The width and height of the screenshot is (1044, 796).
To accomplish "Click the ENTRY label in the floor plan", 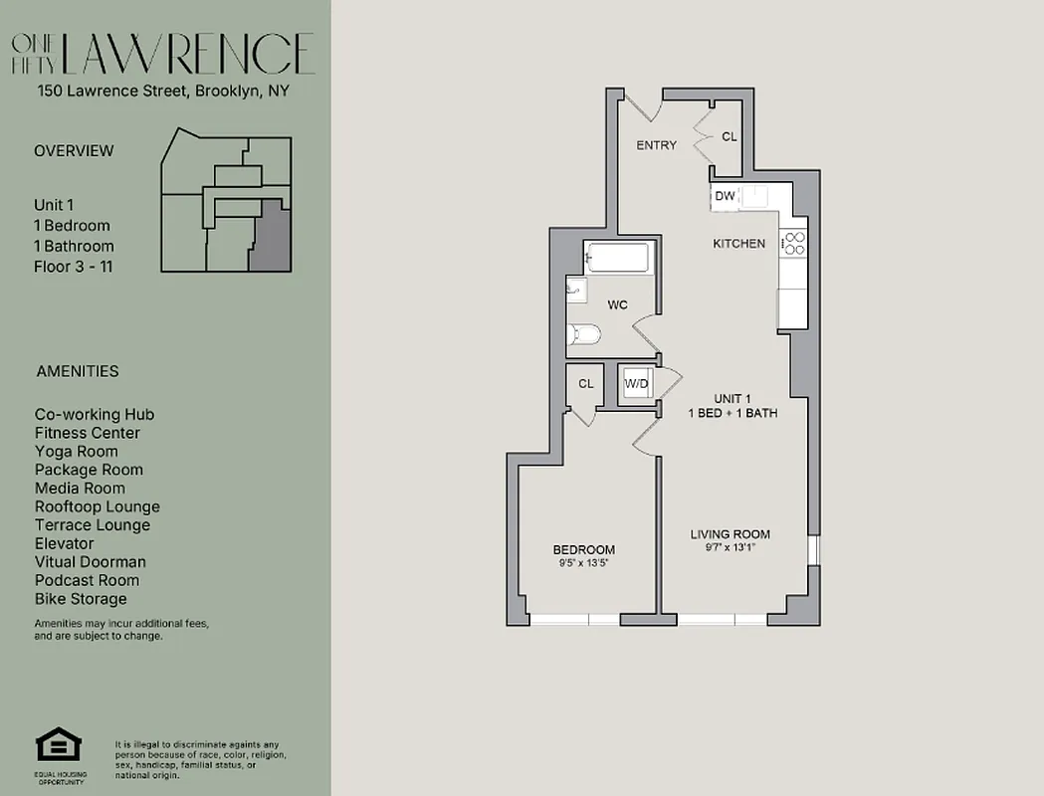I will (656, 145).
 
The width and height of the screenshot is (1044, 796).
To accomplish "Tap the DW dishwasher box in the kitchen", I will (725, 196).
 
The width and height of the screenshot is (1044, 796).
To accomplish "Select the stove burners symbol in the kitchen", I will (793, 243).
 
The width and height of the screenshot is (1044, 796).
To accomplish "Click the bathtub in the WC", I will (617, 258).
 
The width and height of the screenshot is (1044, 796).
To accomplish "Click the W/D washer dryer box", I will (637, 384).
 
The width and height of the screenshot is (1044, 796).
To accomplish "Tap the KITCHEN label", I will (738, 244).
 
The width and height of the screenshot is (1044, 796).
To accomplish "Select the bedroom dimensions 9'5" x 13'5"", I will (583, 562).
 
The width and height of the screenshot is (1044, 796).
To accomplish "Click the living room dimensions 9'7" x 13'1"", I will (730, 546).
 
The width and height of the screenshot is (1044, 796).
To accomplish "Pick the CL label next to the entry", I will (729, 136).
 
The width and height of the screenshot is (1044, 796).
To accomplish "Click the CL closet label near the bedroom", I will (585, 383).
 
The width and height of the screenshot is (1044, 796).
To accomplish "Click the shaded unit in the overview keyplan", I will (270, 236).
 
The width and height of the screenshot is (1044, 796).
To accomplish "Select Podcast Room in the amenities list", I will (87, 580).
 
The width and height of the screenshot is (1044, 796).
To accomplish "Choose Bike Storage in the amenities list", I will (81, 599).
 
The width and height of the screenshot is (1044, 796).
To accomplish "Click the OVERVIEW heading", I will (74, 151).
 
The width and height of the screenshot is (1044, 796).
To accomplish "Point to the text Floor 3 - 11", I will (74, 266).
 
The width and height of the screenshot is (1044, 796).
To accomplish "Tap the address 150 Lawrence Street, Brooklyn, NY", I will (162, 92).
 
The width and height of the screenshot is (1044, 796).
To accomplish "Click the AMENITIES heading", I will (78, 371).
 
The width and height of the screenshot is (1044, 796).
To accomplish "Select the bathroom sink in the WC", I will (576, 290).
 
